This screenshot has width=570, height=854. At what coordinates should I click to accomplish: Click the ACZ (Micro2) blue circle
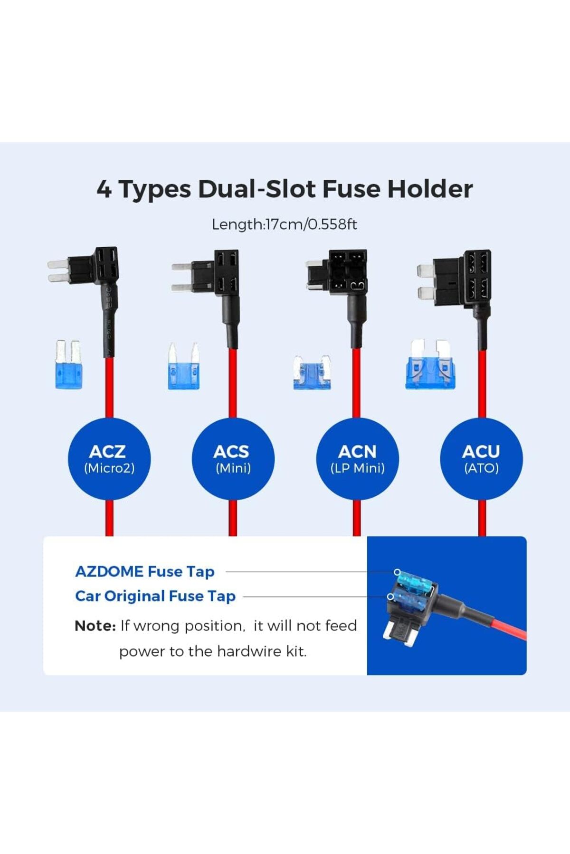[109, 459]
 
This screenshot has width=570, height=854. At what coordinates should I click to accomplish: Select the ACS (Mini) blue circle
[233, 459]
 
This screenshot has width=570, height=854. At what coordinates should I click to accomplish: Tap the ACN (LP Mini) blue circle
[357, 459]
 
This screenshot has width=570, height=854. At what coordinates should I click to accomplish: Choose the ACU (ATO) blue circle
[481, 459]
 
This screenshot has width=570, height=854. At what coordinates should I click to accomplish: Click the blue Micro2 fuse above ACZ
[68, 364]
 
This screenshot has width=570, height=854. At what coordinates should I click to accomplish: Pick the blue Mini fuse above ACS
[183, 366]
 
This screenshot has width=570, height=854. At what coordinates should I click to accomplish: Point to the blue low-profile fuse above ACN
[312, 373]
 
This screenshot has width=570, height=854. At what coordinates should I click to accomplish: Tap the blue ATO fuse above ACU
[430, 364]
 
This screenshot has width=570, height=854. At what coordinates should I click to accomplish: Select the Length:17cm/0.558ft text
[285, 224]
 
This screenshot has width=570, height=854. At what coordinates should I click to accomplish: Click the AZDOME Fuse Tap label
[145, 572]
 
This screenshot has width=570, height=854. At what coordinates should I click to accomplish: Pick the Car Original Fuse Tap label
[155, 596]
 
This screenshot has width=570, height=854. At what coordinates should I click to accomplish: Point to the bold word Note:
[95, 626]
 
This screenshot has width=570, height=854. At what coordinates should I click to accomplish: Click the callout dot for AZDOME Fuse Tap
[397, 572]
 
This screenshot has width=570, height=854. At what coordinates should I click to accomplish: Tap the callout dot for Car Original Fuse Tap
[390, 596]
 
